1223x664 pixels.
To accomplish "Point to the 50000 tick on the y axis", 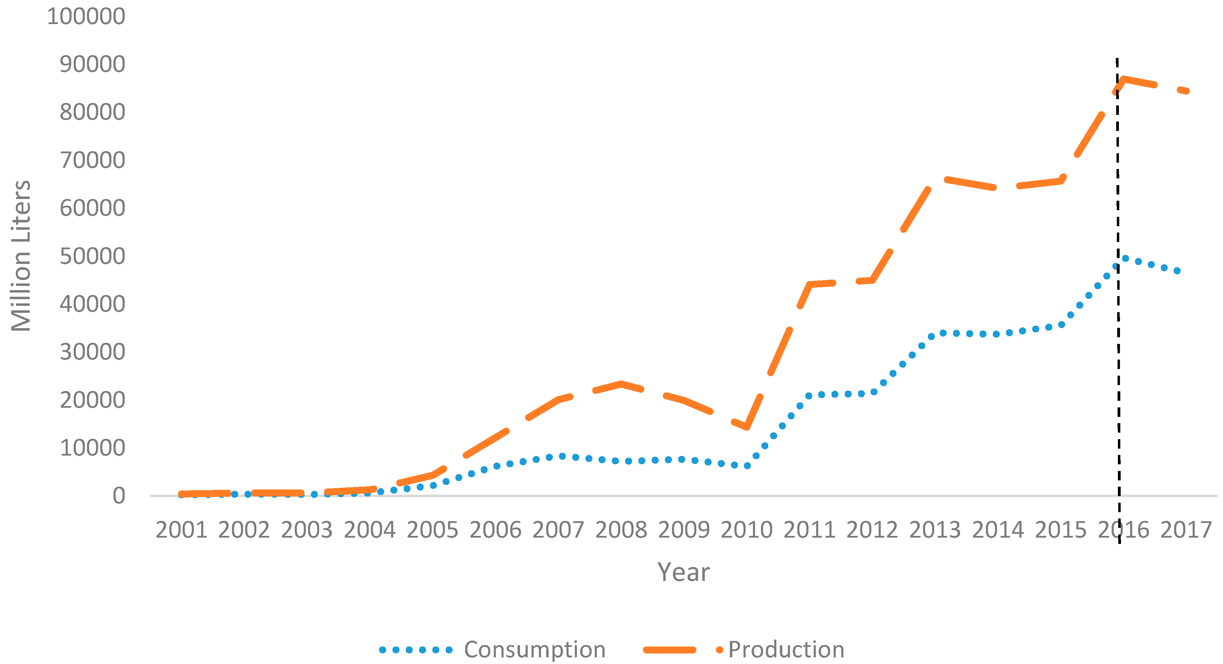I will [92, 256].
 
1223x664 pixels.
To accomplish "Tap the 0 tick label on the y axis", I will [119, 496].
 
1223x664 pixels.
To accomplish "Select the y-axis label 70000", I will [92, 161].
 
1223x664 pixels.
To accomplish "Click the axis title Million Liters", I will [21, 256].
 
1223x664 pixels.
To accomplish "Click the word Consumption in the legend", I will [535, 650].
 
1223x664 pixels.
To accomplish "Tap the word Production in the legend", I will [786, 650].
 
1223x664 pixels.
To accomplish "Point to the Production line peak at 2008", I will [621, 384].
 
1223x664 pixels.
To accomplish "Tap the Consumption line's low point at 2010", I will [747, 466].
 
